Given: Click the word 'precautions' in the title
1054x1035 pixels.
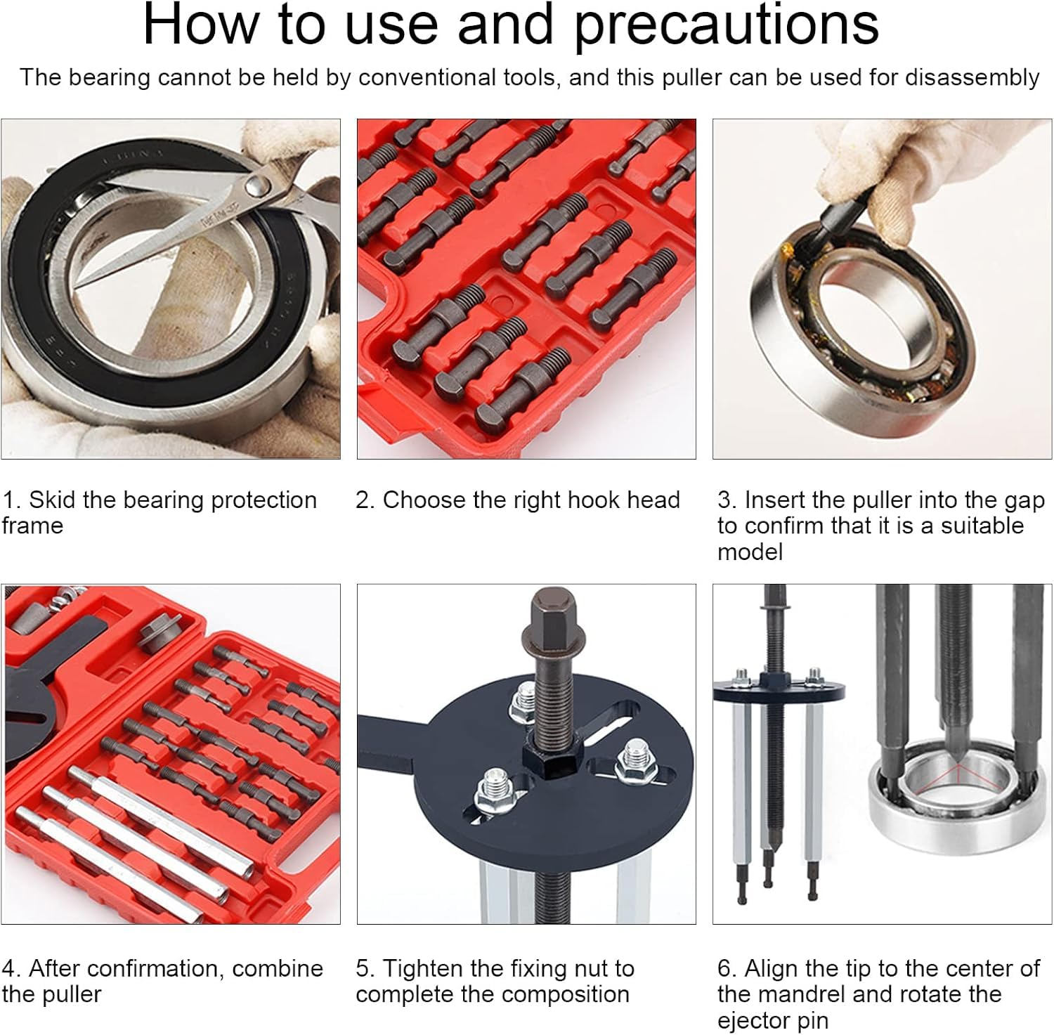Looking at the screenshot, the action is (x=726, y=25).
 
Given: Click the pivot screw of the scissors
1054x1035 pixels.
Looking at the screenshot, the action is (x=256, y=186).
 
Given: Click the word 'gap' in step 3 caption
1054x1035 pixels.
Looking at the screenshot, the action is (x=1022, y=502).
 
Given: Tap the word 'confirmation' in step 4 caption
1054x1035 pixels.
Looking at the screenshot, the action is (x=160, y=968).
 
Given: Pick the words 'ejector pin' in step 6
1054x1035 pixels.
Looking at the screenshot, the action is (x=773, y=1021).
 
